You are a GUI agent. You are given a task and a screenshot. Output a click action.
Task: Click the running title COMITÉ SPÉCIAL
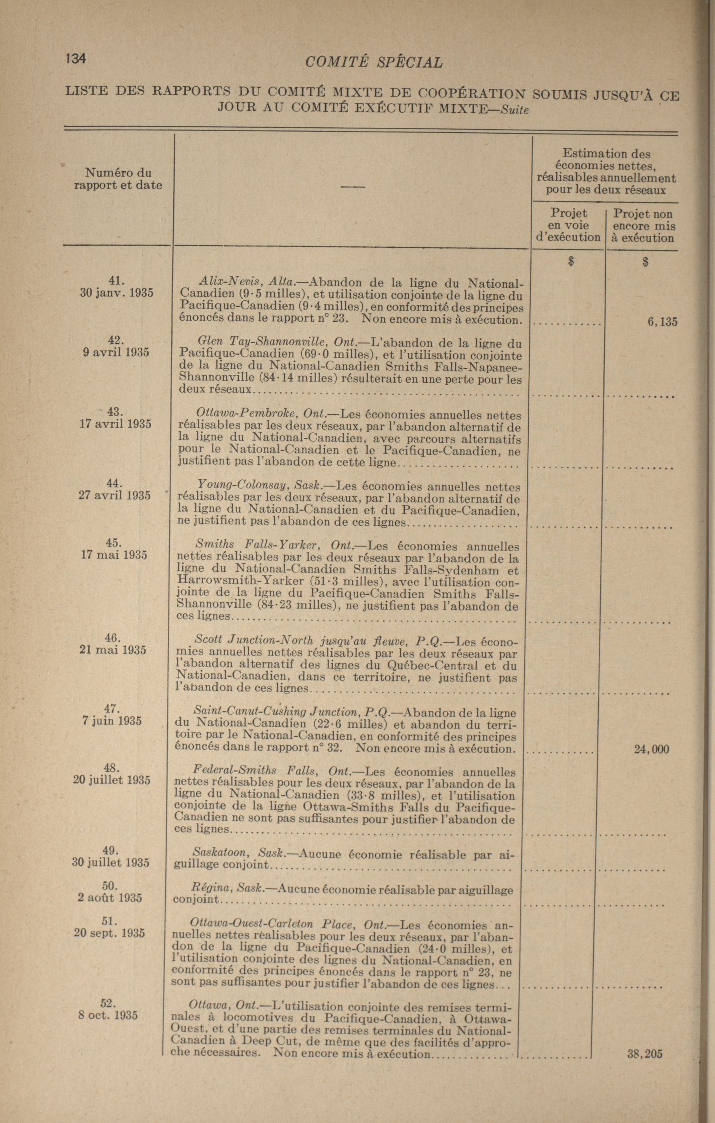click(374, 62)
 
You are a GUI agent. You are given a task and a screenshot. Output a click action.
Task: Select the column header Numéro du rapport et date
click(118, 179)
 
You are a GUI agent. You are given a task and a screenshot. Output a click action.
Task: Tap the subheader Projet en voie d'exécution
click(568, 225)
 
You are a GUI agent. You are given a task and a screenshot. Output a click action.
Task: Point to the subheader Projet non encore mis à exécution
click(643, 226)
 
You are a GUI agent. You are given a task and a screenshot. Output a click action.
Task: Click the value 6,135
click(662, 321)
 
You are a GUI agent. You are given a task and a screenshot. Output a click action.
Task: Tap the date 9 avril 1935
click(115, 352)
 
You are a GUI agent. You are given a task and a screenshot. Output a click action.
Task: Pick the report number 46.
click(112, 637)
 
